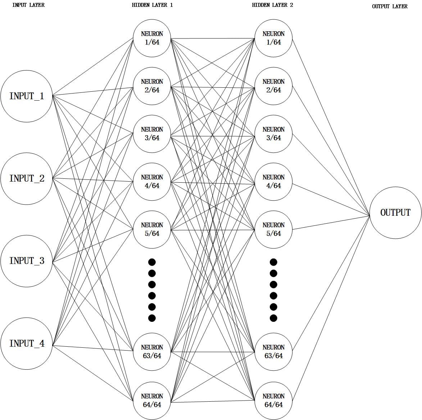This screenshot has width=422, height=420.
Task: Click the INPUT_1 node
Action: pyautogui.click(x=27, y=96)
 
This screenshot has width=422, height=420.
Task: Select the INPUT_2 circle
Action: pyautogui.click(x=27, y=178)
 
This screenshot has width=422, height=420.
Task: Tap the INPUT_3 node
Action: pyautogui.click(x=27, y=261)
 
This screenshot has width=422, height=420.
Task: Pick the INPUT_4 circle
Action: pyautogui.click(x=27, y=343)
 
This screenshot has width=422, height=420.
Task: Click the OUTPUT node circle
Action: pyautogui.click(x=395, y=213)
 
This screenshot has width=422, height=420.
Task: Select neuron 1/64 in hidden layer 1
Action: pyautogui.click(x=152, y=38)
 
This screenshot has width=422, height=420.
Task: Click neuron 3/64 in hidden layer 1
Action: pyautogui.click(x=152, y=133)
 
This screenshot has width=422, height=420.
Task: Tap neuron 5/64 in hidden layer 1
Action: pyautogui.click(x=152, y=229)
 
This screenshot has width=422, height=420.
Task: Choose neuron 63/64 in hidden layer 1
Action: pyautogui.click(x=152, y=351)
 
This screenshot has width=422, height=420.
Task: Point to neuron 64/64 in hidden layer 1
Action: pyautogui.click(x=152, y=400)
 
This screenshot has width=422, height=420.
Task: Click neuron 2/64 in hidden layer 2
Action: pyautogui.click(x=273, y=86)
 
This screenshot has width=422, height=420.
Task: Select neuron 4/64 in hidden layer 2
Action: pyautogui.click(x=273, y=181)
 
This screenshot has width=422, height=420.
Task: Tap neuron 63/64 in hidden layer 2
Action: pyautogui.click(x=273, y=351)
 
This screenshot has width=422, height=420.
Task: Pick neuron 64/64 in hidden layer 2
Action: pyautogui.click(x=273, y=400)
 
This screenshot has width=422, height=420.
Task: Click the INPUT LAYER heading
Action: pyautogui.click(x=28, y=5)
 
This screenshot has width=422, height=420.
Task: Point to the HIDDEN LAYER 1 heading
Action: pyautogui.click(x=152, y=5)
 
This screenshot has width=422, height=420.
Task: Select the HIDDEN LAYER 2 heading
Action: pyautogui.click(x=272, y=5)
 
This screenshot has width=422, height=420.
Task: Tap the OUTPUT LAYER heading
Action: pyautogui.click(x=390, y=6)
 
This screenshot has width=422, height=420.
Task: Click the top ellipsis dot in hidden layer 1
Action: pyautogui.click(x=152, y=262)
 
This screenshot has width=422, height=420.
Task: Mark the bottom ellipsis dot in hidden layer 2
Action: pyautogui.click(x=273, y=318)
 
